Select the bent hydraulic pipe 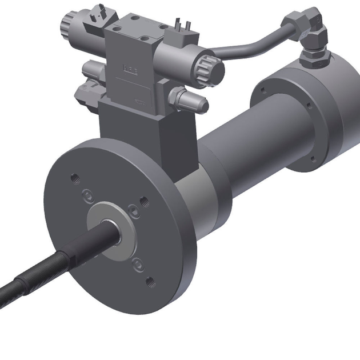[251, 41]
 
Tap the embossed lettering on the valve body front [130, 70]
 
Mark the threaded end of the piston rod [23, 286]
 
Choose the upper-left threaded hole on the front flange [73, 178]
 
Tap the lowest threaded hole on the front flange [150, 281]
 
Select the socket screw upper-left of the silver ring [86, 193]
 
